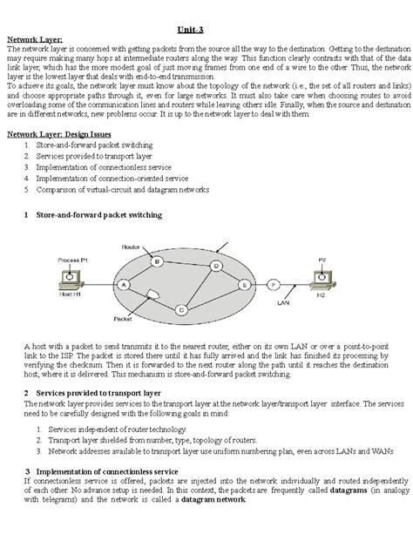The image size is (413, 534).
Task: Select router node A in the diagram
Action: (124, 284)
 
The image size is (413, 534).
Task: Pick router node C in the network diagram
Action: (182, 308)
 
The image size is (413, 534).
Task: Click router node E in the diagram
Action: (246, 284)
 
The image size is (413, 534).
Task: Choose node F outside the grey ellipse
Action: (273, 284)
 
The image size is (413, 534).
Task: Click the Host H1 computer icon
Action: (69, 279)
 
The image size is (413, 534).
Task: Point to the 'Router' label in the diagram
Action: (131, 247)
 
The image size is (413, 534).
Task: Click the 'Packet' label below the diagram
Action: (123, 320)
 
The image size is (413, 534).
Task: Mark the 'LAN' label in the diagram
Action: (282, 304)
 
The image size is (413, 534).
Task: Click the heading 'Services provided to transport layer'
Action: (99, 393)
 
